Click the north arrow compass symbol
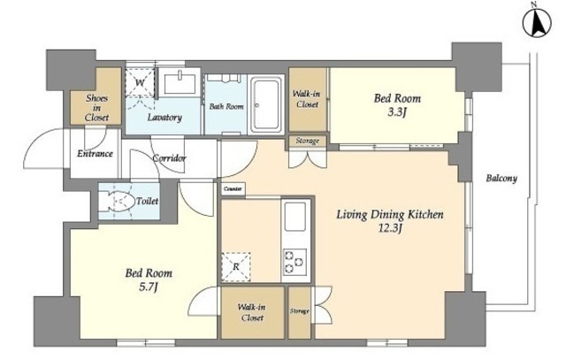(537, 22)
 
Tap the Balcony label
(501, 178)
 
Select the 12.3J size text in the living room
(390, 228)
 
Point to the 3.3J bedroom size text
(397, 112)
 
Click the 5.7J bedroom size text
(149, 287)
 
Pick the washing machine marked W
(140, 82)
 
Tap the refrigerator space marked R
(236, 267)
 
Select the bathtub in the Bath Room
(266, 104)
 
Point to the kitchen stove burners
(294, 262)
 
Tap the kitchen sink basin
(295, 217)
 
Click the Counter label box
(233, 189)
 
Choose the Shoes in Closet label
(96, 108)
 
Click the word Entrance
(95, 153)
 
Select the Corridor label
(169, 157)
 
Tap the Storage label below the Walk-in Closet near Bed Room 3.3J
(308, 141)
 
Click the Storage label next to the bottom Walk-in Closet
(300, 310)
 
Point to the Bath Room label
(226, 106)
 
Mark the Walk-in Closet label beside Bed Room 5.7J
(252, 312)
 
